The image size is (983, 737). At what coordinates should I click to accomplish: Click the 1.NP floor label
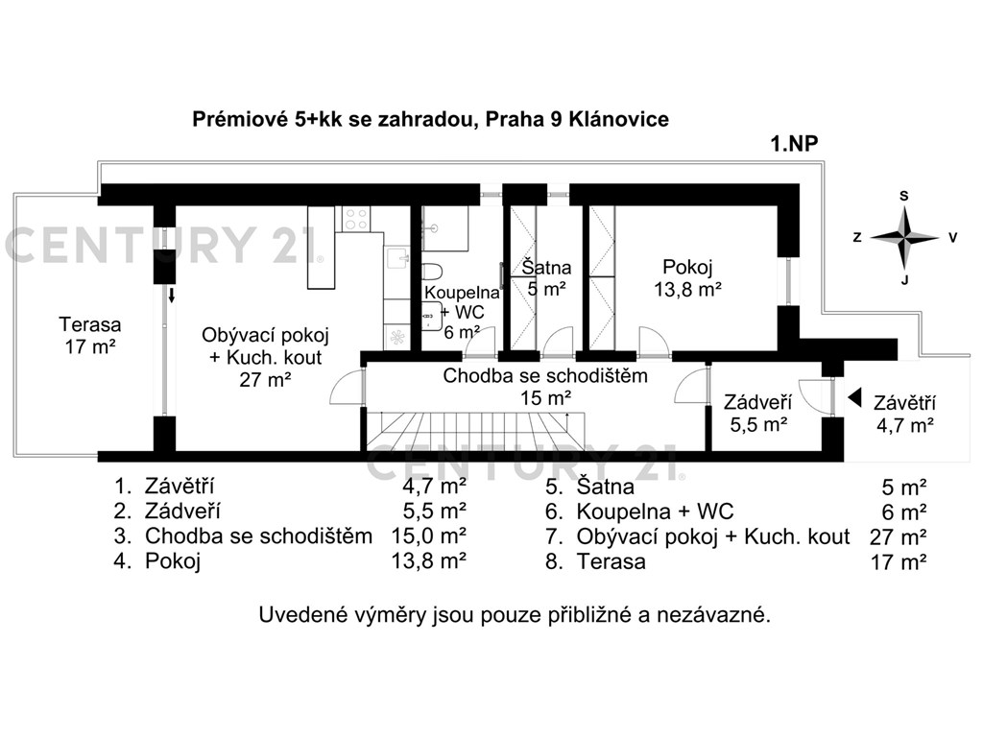coord(794,144)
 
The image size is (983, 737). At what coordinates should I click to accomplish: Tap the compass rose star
coord(904,238)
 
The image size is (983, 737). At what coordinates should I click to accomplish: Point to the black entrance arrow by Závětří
coord(853,397)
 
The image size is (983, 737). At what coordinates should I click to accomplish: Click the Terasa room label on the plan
coord(90,335)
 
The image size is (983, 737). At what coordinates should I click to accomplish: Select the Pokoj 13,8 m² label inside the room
coord(687,278)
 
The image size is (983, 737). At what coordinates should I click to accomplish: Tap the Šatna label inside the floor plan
coord(546,278)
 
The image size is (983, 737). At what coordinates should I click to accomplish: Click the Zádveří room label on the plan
coord(758,413)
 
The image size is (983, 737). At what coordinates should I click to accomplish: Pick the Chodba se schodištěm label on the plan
coord(545,386)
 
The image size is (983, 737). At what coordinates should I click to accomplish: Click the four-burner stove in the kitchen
coord(356,219)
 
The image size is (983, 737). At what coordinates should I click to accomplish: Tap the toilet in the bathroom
coord(432,272)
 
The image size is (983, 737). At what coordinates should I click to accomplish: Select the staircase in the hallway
coord(475,431)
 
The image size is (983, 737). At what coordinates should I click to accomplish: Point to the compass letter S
coord(904,196)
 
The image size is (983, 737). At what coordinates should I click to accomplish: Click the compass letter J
coord(904,280)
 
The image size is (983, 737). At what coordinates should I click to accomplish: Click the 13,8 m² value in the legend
coord(429,560)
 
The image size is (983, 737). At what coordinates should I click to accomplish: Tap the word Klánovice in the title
coord(619,119)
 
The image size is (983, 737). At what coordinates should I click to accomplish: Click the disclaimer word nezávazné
coord(714,615)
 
